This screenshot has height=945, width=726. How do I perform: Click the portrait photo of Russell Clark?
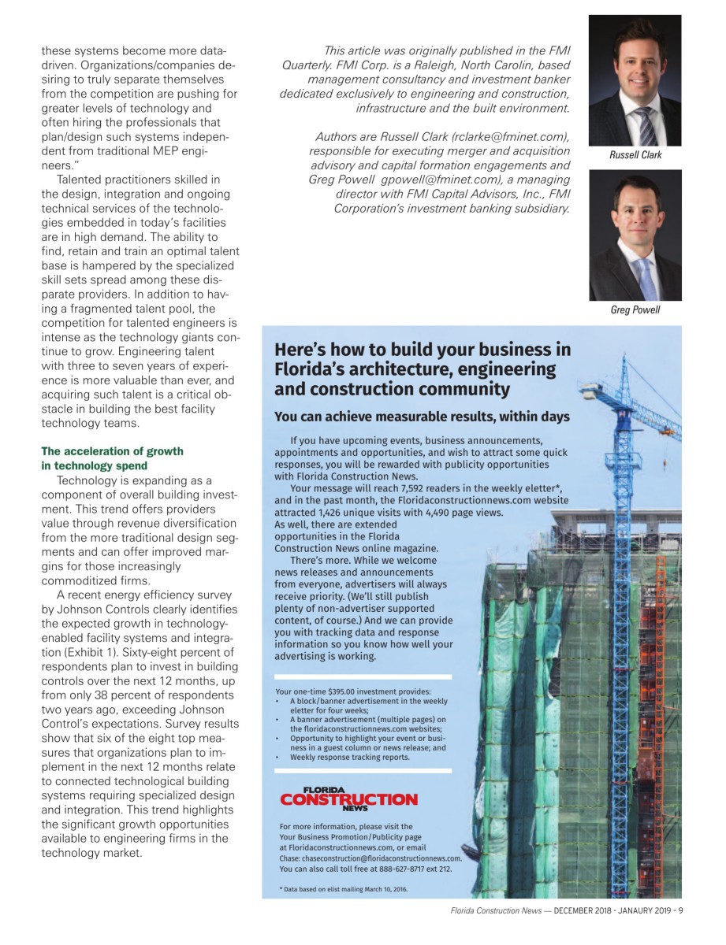point(635,80)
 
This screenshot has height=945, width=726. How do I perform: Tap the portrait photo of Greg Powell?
point(635,235)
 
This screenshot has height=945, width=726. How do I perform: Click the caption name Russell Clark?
point(635,155)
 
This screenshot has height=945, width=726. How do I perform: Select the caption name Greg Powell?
point(635,309)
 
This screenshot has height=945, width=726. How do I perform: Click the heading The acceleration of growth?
point(112,451)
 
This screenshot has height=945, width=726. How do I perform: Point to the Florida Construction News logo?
point(349,799)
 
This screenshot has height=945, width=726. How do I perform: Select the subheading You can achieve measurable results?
point(422,417)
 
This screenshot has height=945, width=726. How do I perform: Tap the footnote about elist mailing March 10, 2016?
point(344,890)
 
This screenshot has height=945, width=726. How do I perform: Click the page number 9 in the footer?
point(679,912)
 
